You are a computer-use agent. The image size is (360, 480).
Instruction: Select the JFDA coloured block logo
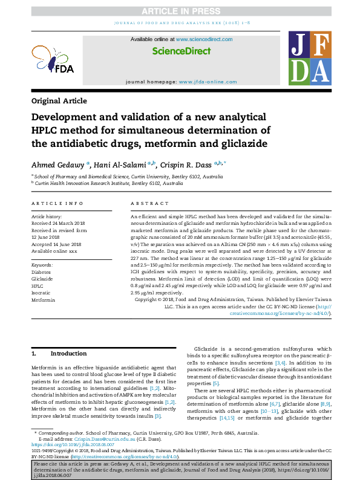point(310,59)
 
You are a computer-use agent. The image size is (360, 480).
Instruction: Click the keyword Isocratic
point(42,293)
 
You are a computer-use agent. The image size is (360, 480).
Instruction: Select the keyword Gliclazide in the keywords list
point(42,279)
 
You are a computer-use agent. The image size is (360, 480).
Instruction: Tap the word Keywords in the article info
point(42,265)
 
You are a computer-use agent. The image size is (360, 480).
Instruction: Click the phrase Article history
point(46,216)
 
